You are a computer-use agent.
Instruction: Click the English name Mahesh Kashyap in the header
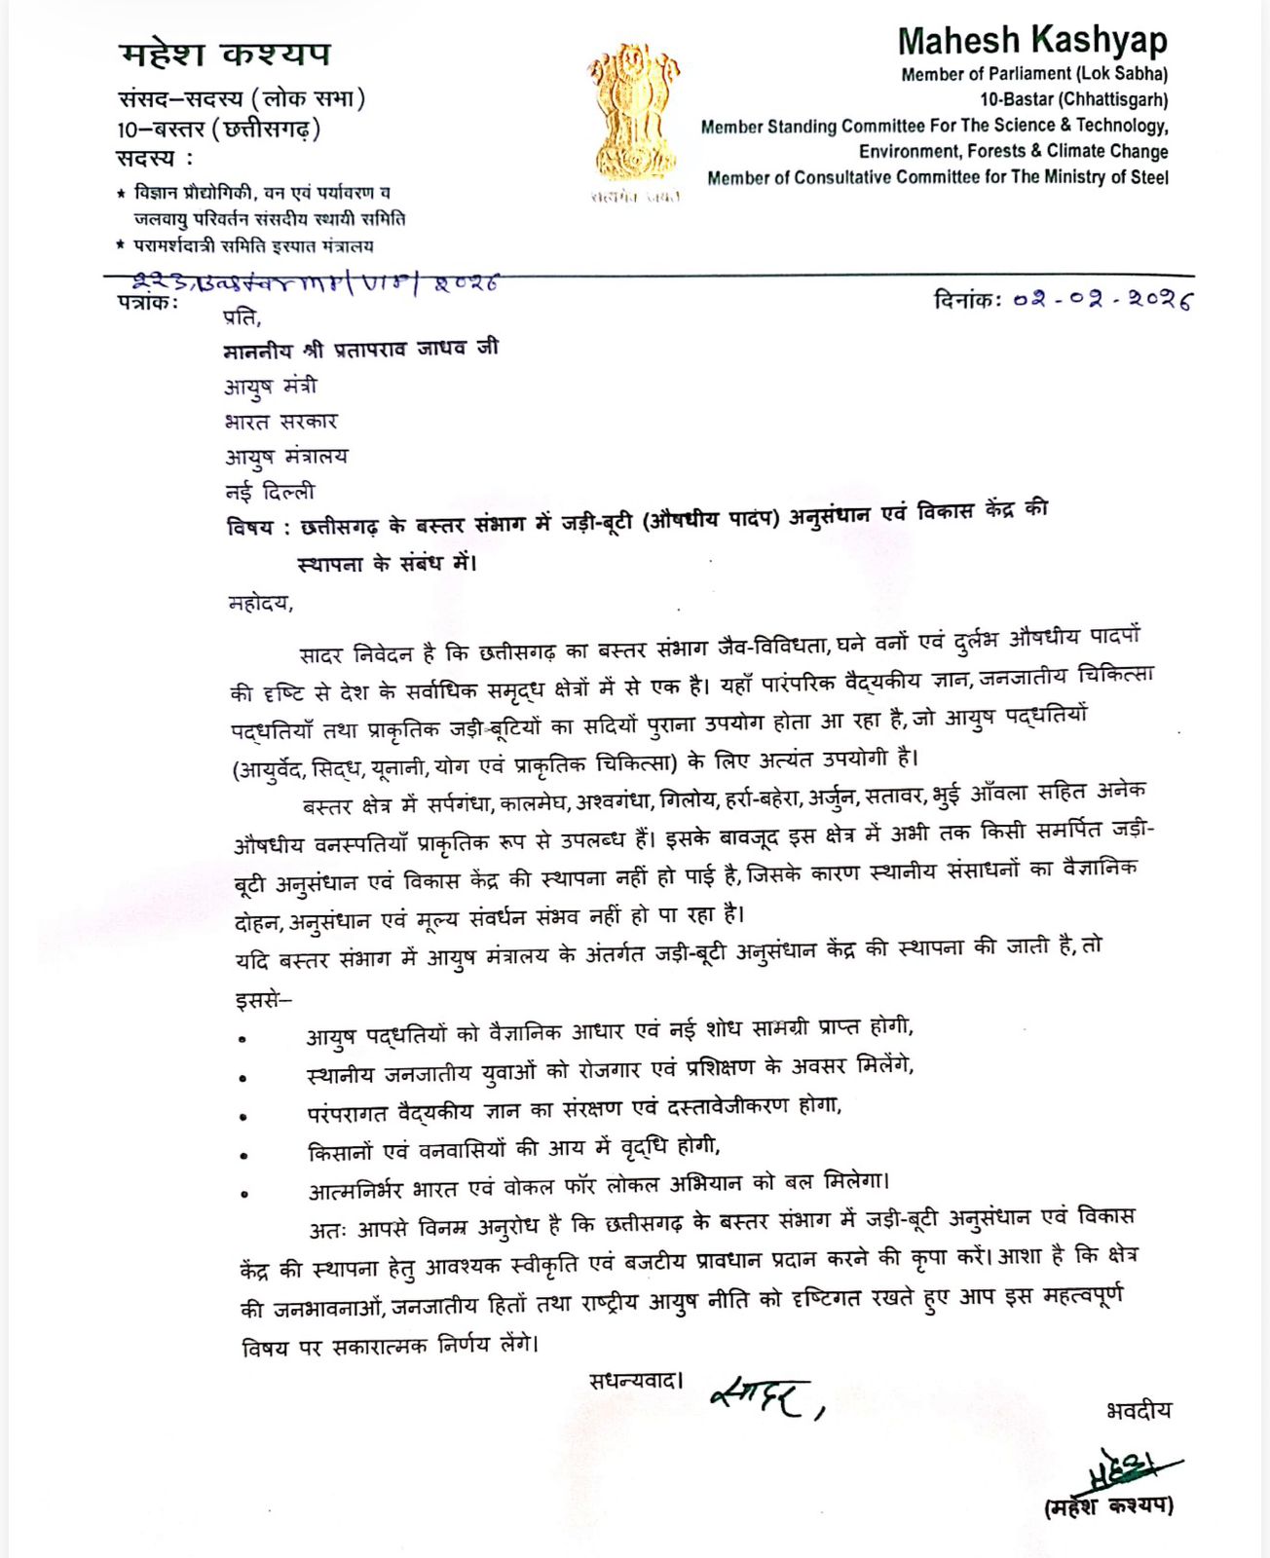pyautogui.click(x=1032, y=41)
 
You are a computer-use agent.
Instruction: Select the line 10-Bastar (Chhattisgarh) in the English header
pyautogui.click(x=1073, y=99)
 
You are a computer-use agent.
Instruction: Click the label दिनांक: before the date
pyautogui.click(x=967, y=300)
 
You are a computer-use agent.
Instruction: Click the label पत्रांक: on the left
pyautogui.click(x=148, y=302)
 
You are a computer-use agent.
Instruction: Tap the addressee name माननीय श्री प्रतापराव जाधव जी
pyautogui.click(x=360, y=349)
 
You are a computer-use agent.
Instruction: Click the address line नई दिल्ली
pyautogui.click(x=270, y=492)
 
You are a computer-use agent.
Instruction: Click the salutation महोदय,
pyautogui.click(x=260, y=603)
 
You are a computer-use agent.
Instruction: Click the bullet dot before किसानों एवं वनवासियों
pyautogui.click(x=243, y=1156)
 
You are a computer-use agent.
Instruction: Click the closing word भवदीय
pyautogui.click(x=1139, y=1410)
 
